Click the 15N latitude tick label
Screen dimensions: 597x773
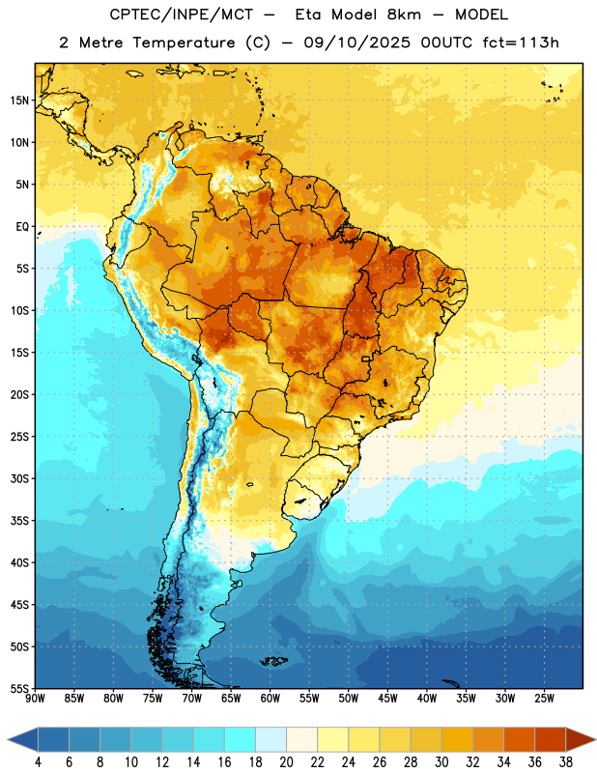coord(19,100)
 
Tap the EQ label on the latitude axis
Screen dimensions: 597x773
coord(22,227)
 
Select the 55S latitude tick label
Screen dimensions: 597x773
coord(19,689)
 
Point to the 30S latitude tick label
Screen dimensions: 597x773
coord(19,478)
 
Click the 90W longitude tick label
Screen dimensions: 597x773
coord(35,699)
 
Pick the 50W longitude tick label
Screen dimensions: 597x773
coord(349,699)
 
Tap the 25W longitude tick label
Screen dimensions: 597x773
coord(544,699)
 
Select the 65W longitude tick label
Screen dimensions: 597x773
coord(231,699)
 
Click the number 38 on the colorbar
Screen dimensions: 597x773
coord(566,762)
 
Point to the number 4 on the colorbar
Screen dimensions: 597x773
coord(38,762)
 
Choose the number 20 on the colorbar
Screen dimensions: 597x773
coord(286,762)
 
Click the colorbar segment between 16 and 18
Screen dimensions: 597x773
coord(241,740)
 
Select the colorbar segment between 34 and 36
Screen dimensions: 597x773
coord(519,740)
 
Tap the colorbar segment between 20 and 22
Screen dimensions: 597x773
coord(302,740)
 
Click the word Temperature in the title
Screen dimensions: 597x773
coord(184,43)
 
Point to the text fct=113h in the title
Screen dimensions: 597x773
coord(521,43)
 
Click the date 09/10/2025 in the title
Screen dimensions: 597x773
coord(356,43)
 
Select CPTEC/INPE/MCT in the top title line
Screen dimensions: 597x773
coord(182,14)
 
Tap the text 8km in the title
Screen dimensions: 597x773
coord(404,14)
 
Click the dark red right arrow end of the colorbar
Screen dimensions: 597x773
coord(581,740)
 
